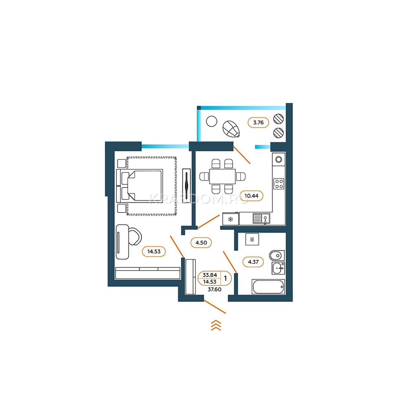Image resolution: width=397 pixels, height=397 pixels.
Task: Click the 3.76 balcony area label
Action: click(x=258, y=123)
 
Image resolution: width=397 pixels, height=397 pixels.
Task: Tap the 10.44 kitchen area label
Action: click(x=251, y=196)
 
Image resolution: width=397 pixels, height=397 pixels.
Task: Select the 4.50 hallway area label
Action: click(x=201, y=243)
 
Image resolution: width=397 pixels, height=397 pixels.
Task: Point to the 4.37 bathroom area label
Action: click(x=253, y=262)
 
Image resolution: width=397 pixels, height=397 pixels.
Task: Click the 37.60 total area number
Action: click(x=214, y=289)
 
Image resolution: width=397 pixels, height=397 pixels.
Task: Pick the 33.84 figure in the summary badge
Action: click(x=210, y=275)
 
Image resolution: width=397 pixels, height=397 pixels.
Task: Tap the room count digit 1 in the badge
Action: click(x=225, y=278)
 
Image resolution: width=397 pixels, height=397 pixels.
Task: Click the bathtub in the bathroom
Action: click(x=268, y=287)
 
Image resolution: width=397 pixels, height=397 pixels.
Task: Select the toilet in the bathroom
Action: click(x=277, y=256)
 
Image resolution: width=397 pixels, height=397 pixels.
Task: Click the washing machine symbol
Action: click(x=252, y=239)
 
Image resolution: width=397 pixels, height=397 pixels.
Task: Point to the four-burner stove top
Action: click(x=279, y=184)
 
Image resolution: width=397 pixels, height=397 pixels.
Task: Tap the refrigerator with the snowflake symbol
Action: click(x=231, y=219)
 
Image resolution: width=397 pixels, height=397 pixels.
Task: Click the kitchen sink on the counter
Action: click(x=261, y=218)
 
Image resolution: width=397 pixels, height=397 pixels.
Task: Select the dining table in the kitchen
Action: click(x=222, y=176)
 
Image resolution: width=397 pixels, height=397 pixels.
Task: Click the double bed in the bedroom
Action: click(x=140, y=186)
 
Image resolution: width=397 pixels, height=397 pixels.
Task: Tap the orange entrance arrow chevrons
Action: click(x=216, y=325)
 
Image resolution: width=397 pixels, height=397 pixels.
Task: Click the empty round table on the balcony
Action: click(x=211, y=121)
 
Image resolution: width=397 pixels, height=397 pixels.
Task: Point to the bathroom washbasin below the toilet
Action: click(x=278, y=268)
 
